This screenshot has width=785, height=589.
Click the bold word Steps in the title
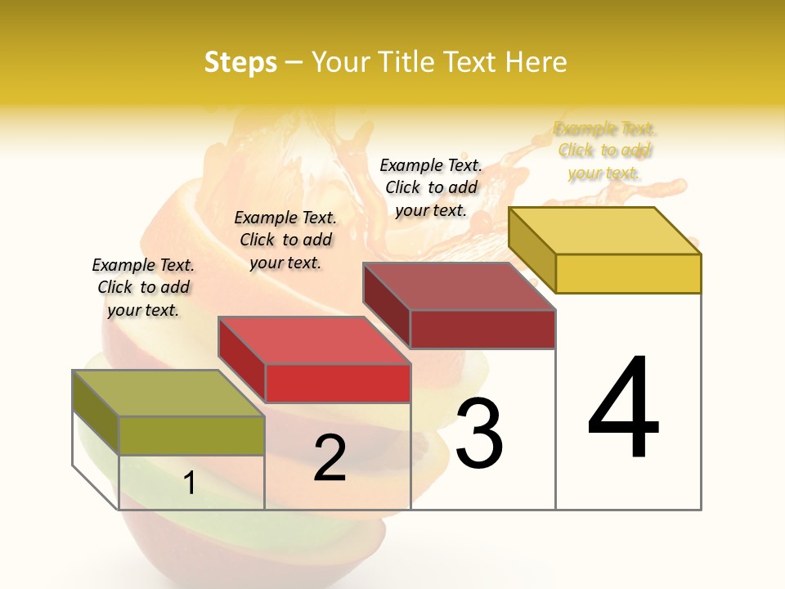pyautogui.click(x=240, y=62)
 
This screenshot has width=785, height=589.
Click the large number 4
pyautogui.click(x=623, y=409)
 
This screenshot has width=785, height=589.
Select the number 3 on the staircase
pyautogui.click(x=479, y=434)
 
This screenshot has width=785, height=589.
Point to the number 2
pyautogui.click(x=330, y=458)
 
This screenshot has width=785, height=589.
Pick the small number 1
pyautogui.click(x=190, y=483)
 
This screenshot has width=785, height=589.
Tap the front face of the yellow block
pyautogui.click(x=628, y=273)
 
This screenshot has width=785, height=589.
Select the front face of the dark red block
pyautogui.click(x=482, y=329)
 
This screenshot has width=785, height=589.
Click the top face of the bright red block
pyautogui.click(x=314, y=340)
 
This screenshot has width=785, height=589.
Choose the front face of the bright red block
pyautogui.click(x=338, y=383)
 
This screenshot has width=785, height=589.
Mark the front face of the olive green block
pyautogui.click(x=191, y=435)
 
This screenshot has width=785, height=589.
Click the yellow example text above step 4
pyautogui.click(x=604, y=151)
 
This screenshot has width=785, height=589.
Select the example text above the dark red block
pyautogui.click(x=431, y=187)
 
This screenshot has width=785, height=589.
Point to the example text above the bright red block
pyautogui.click(x=285, y=240)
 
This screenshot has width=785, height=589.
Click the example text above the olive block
pyautogui.click(x=143, y=287)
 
